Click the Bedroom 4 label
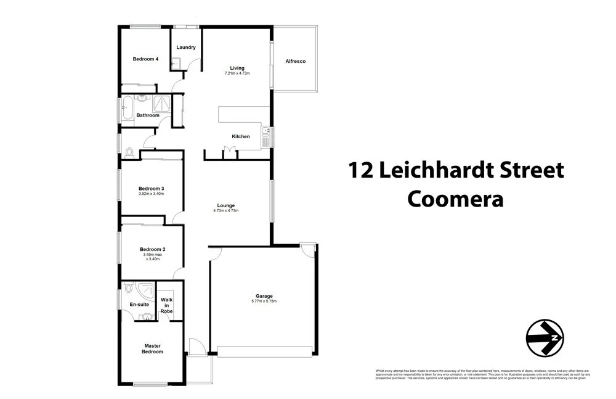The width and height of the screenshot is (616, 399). point(146,59)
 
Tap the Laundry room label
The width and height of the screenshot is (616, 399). point(186,47)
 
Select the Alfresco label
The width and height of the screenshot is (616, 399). point(296,62)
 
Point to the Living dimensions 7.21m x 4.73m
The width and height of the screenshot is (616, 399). point(237,73)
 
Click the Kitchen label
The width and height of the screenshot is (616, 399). point(240,136)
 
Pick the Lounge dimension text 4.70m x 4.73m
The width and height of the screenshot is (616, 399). point(225,211)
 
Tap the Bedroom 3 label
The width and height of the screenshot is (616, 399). point(151,188)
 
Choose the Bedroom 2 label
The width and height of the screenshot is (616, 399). point(151,249)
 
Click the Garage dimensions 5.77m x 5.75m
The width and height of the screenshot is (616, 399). point(264,301)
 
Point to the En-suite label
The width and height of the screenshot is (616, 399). point(139,305)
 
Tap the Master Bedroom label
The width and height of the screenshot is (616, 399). point(153,348)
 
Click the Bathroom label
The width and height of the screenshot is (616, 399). point(148,115)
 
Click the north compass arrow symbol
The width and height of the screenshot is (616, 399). point(545,338)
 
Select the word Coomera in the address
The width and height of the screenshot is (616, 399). point(456,199)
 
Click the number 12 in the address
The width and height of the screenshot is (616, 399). point(361,170)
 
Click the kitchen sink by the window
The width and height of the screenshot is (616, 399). point(266,133)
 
